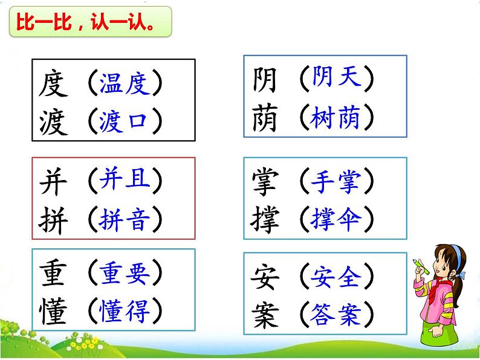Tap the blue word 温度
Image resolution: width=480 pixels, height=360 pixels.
[124, 85]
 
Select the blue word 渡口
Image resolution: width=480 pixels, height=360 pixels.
[124, 122]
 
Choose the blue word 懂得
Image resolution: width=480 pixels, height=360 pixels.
[123, 312]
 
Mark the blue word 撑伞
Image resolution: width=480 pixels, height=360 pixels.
[336, 218]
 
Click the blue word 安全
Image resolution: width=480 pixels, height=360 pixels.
[336, 278]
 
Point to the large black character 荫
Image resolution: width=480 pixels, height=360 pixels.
[264, 118]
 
